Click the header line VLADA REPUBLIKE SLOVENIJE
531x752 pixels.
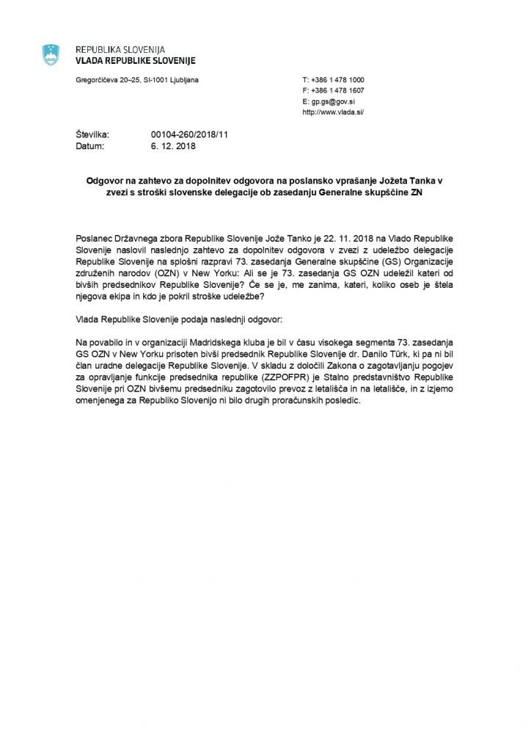point(136,60)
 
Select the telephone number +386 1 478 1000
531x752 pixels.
point(337,79)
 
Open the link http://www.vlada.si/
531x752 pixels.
point(333,113)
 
